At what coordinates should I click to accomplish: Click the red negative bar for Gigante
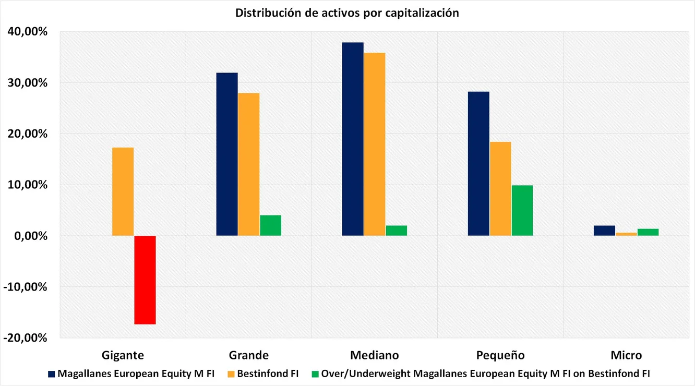pyautogui.click(x=145, y=280)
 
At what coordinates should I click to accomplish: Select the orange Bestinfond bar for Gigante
pyautogui.click(x=123, y=191)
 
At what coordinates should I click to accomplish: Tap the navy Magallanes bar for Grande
pyautogui.click(x=227, y=154)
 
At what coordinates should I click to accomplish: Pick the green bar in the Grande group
pyautogui.click(x=271, y=225)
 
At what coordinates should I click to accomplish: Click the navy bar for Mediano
pyautogui.click(x=353, y=139)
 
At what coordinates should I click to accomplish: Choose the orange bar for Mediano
pyautogui.click(x=375, y=144)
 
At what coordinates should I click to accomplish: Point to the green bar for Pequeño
pyautogui.click(x=522, y=210)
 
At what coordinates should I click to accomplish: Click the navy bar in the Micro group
pyautogui.click(x=604, y=231)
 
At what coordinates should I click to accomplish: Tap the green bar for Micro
pyautogui.click(x=648, y=232)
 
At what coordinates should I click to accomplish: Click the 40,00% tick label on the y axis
pyautogui.click(x=28, y=32)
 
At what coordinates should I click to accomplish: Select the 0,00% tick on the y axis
pyautogui.click(x=30, y=236)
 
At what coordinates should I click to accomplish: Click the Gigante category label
pyautogui.click(x=123, y=355)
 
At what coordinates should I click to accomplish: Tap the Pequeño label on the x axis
pyautogui.click(x=500, y=355)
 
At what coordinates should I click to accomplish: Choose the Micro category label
pyautogui.click(x=626, y=355)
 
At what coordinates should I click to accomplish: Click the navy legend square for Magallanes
pyautogui.click(x=51, y=374)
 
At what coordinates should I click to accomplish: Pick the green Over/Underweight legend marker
pyautogui.click(x=314, y=374)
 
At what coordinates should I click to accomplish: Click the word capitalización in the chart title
pyautogui.click(x=422, y=13)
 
